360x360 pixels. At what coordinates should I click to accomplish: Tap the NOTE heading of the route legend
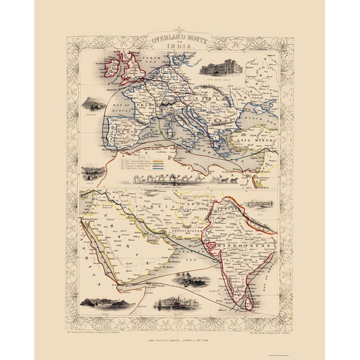[139, 157]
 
